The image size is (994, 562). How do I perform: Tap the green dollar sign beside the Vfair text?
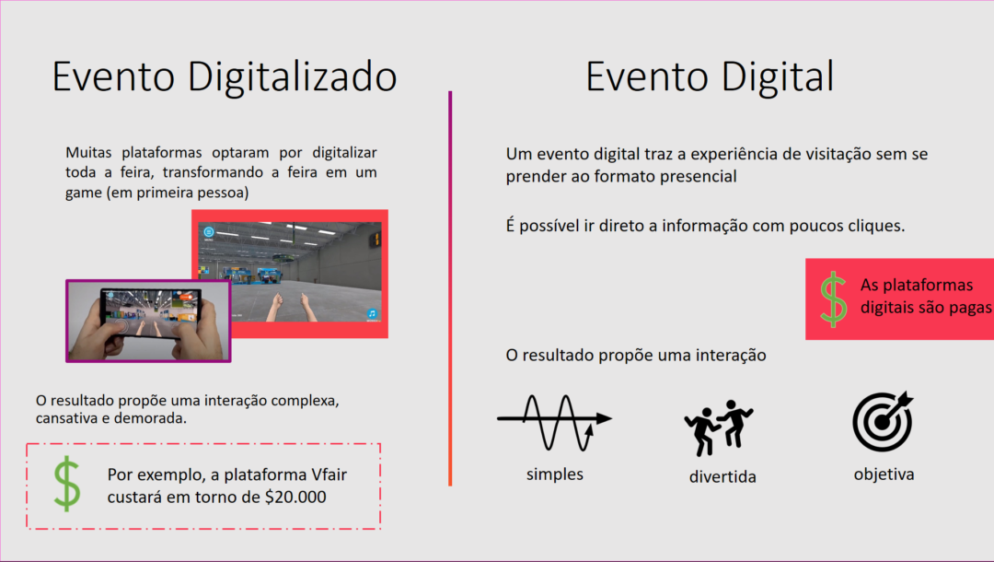point(66,484)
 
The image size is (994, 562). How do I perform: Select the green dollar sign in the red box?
point(833,299)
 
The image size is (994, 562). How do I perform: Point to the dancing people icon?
point(718,427)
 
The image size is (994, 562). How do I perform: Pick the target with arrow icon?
point(883,421)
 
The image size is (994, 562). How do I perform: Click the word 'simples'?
point(554,474)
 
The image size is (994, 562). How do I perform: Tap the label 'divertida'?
point(722,477)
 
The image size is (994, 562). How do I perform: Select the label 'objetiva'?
point(884,474)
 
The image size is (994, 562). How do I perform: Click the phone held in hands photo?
point(148,321)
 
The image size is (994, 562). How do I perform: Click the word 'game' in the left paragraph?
point(86,193)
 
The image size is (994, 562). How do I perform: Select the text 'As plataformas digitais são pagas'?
point(925,296)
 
